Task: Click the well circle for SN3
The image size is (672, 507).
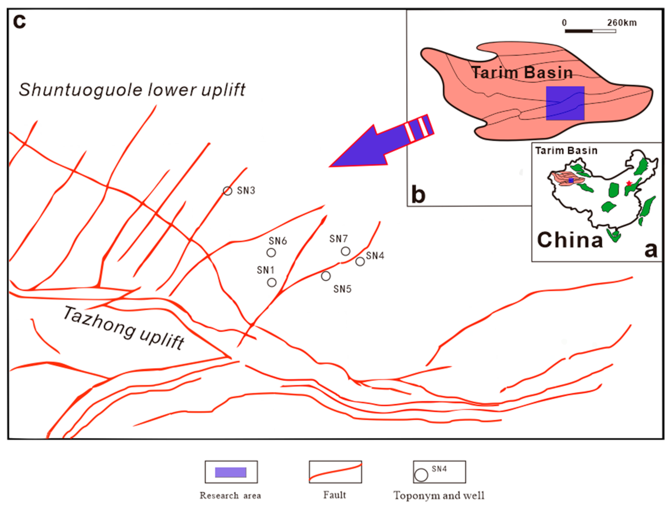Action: tap(227, 191)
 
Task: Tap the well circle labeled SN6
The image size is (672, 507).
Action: tap(271, 252)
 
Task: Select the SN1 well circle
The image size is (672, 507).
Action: tap(271, 283)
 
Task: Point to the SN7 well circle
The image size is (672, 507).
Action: tap(345, 251)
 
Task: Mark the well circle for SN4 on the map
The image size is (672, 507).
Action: tap(360, 261)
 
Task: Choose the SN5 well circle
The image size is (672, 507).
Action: tap(326, 276)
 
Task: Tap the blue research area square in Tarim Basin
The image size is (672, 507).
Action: tap(565, 103)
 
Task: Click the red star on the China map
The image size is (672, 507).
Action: tap(629, 183)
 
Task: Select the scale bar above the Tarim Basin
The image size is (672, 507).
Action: tap(590, 31)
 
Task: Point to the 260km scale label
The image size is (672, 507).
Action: tap(622, 23)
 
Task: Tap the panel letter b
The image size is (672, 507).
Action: tap(418, 194)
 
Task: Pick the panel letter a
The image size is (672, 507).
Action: tap(651, 250)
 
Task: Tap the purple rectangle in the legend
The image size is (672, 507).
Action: tap(230, 472)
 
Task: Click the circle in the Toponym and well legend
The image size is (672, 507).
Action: tap(421, 475)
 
